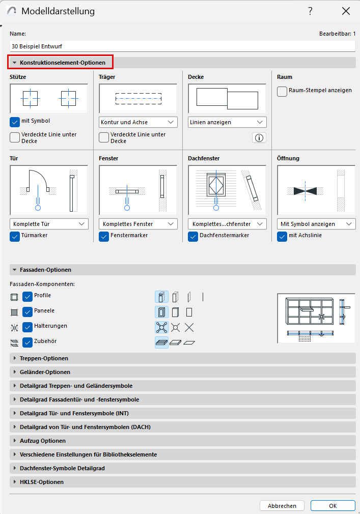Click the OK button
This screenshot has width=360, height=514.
tap(333, 505)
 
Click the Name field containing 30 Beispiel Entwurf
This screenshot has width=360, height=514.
tap(182, 46)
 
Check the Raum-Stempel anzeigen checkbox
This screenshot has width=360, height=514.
tap(282, 91)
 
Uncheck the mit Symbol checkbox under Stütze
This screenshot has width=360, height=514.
tap(15, 122)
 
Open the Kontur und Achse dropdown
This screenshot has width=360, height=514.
tap(138, 122)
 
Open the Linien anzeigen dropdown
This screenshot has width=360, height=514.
tap(227, 122)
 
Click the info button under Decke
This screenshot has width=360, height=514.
tap(259, 138)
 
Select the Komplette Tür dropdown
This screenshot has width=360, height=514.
tap(49, 224)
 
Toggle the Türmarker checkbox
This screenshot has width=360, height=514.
tap(15, 237)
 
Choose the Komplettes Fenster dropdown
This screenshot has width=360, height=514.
tap(138, 224)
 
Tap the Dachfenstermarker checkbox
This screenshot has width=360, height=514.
tap(193, 237)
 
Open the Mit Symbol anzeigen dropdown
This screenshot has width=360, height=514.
tap(316, 224)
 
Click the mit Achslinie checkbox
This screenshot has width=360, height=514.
tap(282, 237)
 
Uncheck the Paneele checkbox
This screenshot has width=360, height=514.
tap(27, 311)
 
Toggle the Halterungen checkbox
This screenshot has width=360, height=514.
tap(27, 327)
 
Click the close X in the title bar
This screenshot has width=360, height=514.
tap(346, 11)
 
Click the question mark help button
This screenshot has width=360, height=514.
tap(310, 11)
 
